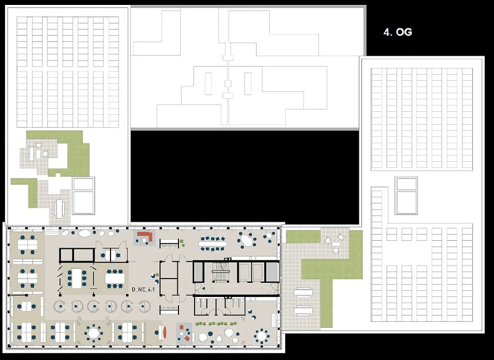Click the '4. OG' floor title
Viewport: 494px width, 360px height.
click(x=398, y=32)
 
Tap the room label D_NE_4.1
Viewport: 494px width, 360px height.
click(x=143, y=290)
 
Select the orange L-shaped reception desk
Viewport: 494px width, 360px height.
click(x=146, y=236)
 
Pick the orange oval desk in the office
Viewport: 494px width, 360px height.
click(x=164, y=332)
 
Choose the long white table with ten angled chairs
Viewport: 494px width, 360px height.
click(x=212, y=243)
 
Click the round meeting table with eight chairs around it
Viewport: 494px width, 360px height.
click(x=94, y=333)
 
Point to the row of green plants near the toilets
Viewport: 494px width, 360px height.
click(x=216, y=324)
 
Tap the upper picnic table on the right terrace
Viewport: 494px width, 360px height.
click(x=303, y=293)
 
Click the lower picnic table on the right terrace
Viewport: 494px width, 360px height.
click(x=303, y=311)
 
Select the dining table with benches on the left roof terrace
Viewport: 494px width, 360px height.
click(x=59, y=209)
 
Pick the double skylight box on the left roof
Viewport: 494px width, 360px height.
click(x=83, y=196)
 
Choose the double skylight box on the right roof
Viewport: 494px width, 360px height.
click(x=406, y=196)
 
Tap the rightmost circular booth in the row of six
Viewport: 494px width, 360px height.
click(x=144, y=306)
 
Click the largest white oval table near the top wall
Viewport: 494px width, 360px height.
click(x=84, y=233)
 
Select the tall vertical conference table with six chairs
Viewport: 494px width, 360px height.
click(x=77, y=278)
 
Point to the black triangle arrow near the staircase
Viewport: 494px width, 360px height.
click(x=203, y=288)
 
